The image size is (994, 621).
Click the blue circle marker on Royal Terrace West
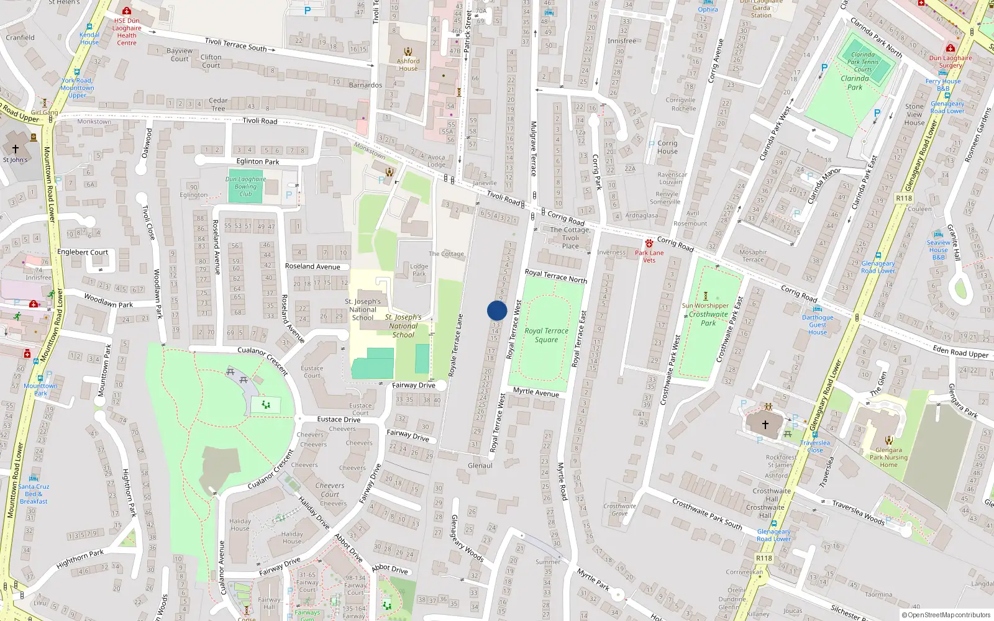click(x=497, y=310)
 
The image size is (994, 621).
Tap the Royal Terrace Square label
click(x=546, y=335)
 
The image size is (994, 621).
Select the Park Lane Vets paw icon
click(x=649, y=243)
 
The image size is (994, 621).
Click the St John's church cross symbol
click(x=16, y=149)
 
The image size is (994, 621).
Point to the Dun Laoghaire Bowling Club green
click(x=245, y=186)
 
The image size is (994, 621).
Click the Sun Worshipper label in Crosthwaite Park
click(x=705, y=306)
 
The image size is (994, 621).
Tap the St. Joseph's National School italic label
click(x=403, y=326)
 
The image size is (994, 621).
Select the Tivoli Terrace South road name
click(x=235, y=45)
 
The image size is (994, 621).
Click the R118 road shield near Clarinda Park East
click(x=904, y=198)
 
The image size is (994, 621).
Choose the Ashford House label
click(x=408, y=65)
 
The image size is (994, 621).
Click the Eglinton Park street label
click(x=258, y=161)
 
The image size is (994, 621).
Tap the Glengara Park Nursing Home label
click(x=888, y=458)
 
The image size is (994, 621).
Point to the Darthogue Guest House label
click(x=818, y=325)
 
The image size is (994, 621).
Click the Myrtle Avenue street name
click(x=536, y=392)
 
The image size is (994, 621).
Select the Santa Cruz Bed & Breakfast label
click(x=34, y=494)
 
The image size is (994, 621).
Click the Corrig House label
click(x=667, y=147)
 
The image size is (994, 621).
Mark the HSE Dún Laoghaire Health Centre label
click(x=127, y=32)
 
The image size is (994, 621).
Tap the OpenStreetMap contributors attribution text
click(x=947, y=615)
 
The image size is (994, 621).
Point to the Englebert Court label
click(x=83, y=252)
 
